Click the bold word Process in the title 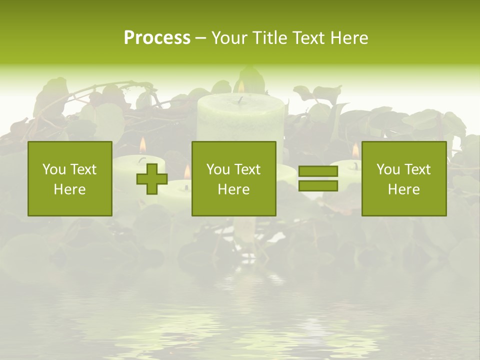pyautogui.click(x=157, y=38)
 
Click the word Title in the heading pyautogui.click(x=271, y=38)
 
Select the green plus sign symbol pyautogui.click(x=152, y=179)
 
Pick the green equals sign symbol pyautogui.click(x=318, y=178)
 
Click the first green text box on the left pyautogui.click(x=70, y=178)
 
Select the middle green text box pyautogui.click(x=233, y=178)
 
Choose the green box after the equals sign pyautogui.click(x=404, y=178)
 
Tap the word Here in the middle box pyautogui.click(x=233, y=189)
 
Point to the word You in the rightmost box pyautogui.click(x=388, y=169)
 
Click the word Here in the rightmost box pyautogui.click(x=404, y=189)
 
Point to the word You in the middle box pyautogui.click(x=218, y=169)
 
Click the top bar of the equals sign pyautogui.click(x=318, y=171)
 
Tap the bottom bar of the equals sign pyautogui.click(x=318, y=186)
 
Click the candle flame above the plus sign pyautogui.click(x=142, y=145)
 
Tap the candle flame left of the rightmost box pyautogui.click(x=355, y=150)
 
